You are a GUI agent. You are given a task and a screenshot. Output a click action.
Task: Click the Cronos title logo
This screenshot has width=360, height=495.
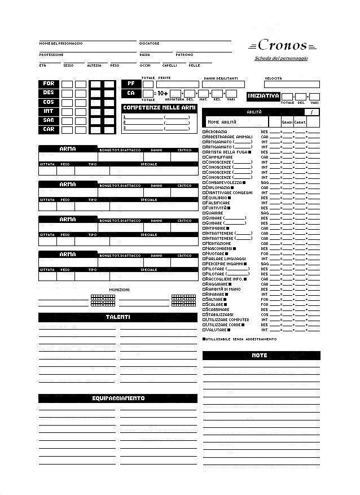282,46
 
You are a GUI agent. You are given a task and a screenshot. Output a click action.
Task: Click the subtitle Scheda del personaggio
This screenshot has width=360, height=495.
281,58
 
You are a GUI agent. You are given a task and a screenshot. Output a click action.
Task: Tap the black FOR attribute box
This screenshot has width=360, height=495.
49,84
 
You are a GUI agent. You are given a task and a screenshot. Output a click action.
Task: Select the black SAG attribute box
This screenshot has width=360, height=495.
49,121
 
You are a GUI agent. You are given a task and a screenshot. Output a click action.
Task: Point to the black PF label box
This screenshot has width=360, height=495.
130,84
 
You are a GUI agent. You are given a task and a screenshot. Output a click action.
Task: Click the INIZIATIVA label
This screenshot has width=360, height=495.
264,97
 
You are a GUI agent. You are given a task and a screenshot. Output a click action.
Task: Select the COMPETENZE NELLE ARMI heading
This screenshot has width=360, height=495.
159,108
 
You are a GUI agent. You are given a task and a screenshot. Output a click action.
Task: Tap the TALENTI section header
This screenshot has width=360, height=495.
118,317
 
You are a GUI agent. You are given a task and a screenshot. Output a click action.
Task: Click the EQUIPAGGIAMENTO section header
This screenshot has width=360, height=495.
118,398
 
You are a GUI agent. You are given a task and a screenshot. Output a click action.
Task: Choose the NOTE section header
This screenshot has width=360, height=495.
260,356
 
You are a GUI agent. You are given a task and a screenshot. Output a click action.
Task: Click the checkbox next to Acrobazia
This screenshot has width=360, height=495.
204,132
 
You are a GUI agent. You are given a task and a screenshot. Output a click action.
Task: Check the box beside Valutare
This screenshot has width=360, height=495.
204,330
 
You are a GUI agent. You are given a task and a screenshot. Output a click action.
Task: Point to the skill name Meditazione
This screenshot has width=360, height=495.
218,243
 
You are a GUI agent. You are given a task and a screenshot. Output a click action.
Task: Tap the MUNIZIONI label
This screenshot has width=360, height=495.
119,290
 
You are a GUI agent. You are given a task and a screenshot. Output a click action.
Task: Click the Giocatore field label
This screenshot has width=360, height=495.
150,43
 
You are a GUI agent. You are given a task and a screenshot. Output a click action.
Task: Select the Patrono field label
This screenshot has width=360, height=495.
185,55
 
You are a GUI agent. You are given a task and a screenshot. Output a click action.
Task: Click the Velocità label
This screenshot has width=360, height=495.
274,78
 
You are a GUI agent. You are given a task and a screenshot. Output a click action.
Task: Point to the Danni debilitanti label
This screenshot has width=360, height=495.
221,78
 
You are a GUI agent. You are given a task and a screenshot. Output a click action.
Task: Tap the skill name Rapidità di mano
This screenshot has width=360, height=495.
223,289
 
